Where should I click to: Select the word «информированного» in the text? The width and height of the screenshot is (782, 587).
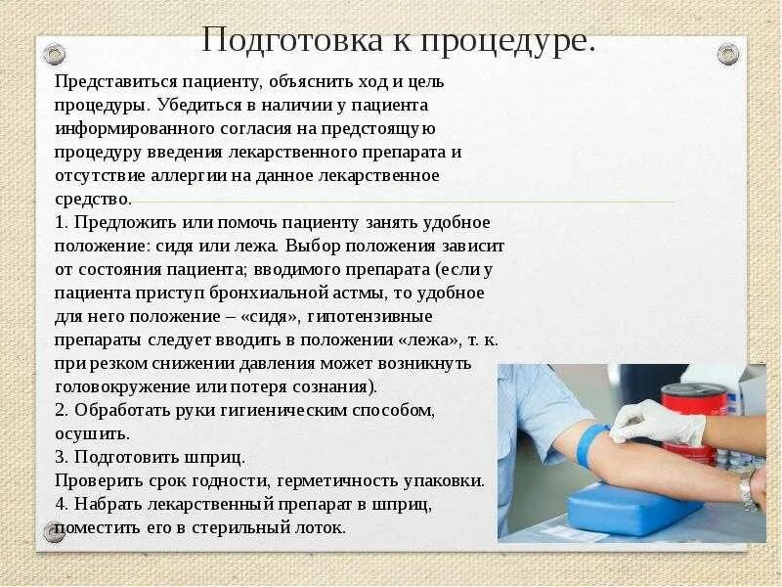[x=131, y=130]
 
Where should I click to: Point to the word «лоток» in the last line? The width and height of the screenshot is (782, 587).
[x=319, y=527]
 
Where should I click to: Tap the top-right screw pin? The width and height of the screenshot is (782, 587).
[x=727, y=54]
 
